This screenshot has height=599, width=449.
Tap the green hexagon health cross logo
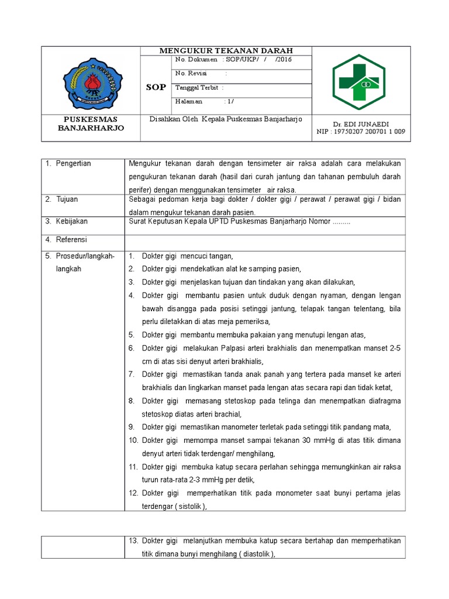point(358,81)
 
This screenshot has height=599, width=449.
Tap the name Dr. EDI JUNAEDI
point(361,125)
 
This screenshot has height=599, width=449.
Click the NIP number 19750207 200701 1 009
point(368,132)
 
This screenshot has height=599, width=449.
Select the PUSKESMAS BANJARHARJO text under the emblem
point(90,123)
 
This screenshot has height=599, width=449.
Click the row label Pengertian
point(73,163)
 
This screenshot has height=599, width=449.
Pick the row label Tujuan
point(68,199)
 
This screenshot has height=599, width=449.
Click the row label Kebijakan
point(72,222)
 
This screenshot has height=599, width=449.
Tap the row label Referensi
point(71,240)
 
